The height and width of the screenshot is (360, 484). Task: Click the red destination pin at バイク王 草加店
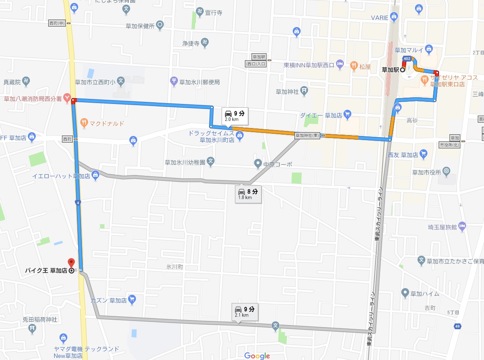[71, 263]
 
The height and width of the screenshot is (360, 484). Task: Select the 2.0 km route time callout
[235, 115]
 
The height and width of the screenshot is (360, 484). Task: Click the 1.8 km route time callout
[248, 194]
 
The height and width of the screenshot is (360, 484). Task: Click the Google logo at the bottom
[257, 355]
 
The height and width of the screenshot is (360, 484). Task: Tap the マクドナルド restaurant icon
[84, 123]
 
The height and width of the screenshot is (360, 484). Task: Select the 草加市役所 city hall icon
[447, 170]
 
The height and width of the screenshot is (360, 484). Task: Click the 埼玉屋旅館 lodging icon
[462, 227]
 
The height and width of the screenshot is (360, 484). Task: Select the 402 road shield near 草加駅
[407, 59]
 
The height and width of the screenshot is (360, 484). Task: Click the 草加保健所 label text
[140, 26]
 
